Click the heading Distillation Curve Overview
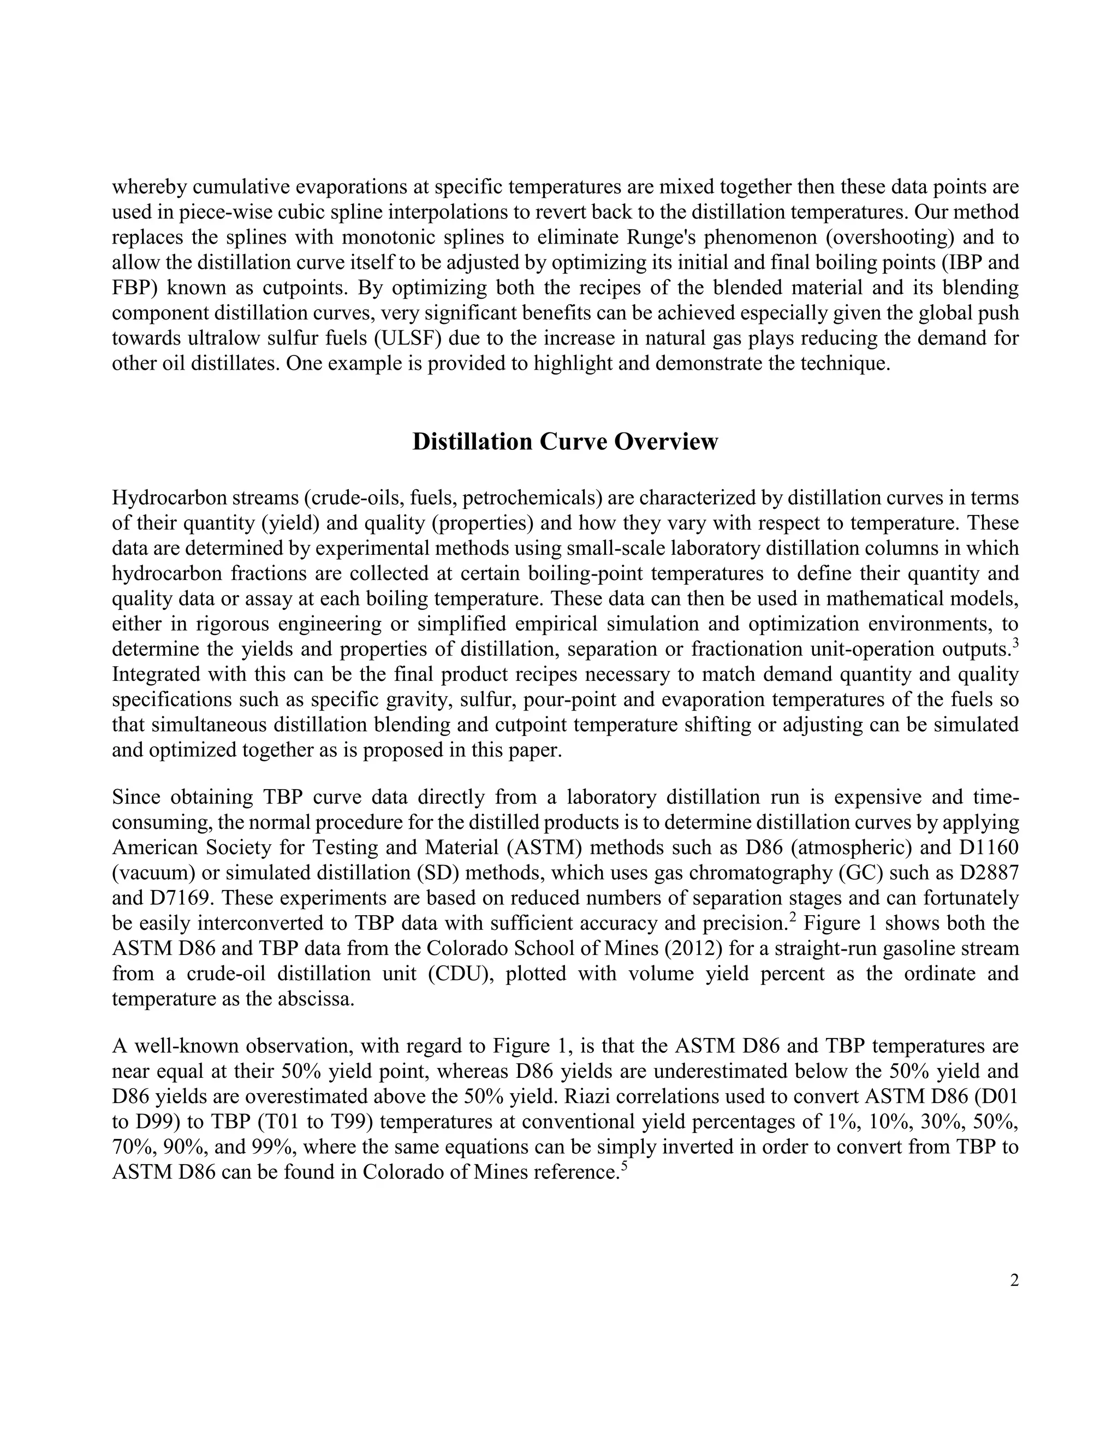(564, 442)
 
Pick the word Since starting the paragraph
(136, 797)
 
